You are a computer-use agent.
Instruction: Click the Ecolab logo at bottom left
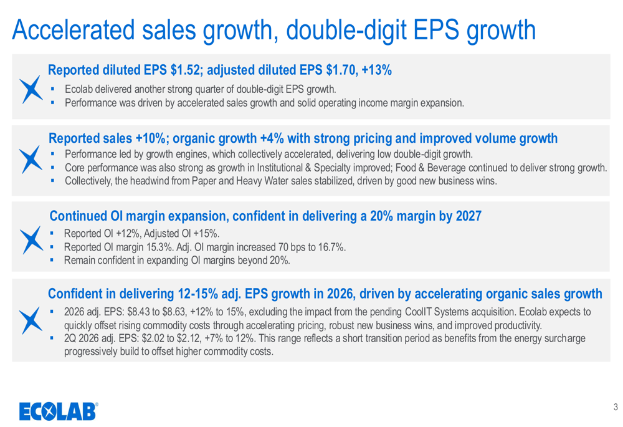tap(58, 411)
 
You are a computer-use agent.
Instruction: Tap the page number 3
tap(616, 408)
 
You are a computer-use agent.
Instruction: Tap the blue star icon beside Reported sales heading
tap(29, 161)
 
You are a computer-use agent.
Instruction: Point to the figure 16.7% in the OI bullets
tap(331, 247)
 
